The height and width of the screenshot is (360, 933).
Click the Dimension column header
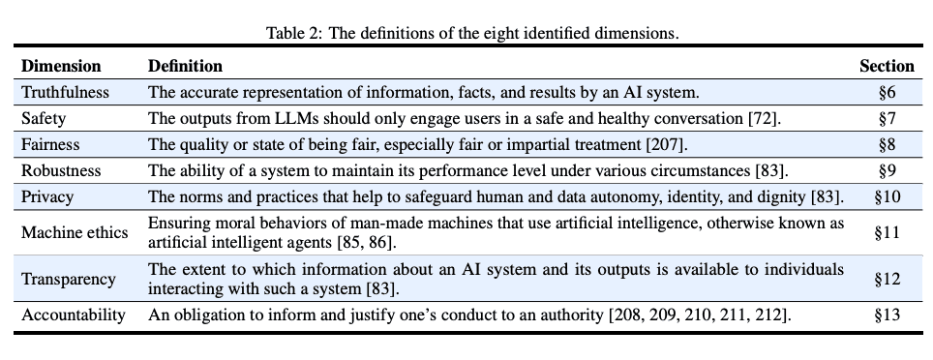pos(61,67)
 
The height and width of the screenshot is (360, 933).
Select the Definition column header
pos(185,67)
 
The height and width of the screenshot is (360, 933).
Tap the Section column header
pos(887,67)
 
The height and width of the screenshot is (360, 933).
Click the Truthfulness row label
pos(66,93)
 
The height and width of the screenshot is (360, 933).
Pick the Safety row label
pos(44,119)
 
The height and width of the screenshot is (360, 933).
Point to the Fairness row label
pos(51,145)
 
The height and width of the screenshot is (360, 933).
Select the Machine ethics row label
pos(70,231)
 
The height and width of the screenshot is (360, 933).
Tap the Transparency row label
pos(69,279)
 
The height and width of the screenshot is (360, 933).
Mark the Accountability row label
pos(74,315)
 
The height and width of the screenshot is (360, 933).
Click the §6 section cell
pos(888,93)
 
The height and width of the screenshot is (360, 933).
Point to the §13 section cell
pos(888,315)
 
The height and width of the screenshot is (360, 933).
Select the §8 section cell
pos(888,145)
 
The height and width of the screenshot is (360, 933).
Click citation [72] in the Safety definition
pos(763,119)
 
